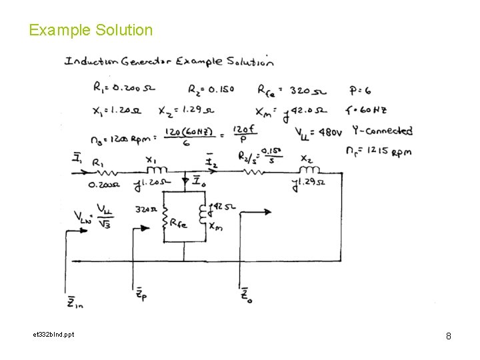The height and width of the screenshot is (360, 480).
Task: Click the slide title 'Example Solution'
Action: click(91, 30)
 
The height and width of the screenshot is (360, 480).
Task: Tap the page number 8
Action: click(449, 336)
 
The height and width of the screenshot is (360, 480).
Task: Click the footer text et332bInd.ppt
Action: click(51, 334)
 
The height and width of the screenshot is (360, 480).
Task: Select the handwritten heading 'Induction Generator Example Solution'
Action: click(169, 62)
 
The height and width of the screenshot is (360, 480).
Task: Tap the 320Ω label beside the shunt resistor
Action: click(146, 209)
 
